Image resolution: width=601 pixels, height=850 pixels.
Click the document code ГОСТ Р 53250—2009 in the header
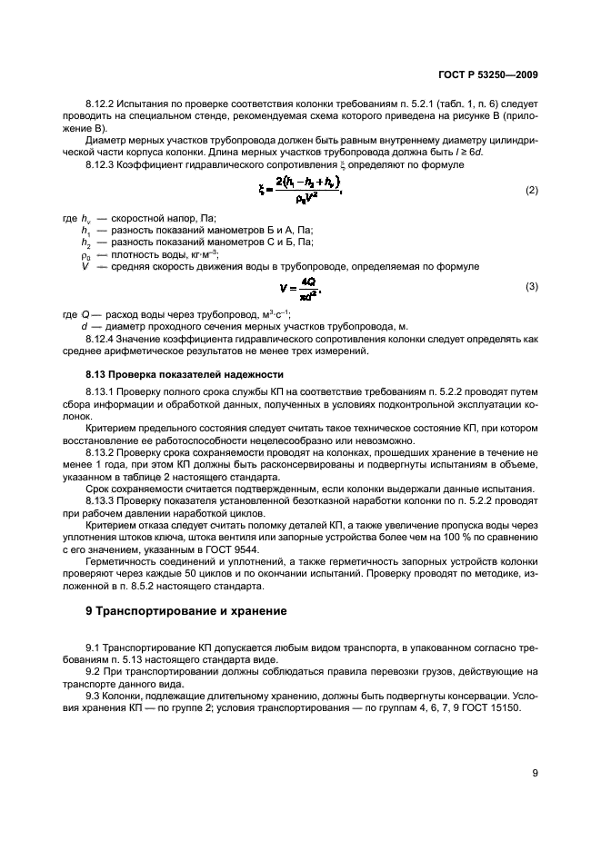tap(488, 79)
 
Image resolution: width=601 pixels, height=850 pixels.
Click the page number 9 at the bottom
tap(536, 775)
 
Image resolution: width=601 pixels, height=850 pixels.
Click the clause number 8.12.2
tap(102, 110)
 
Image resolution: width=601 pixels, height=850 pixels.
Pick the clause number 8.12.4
tap(102, 339)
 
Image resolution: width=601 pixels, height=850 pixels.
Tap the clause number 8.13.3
tap(102, 500)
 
